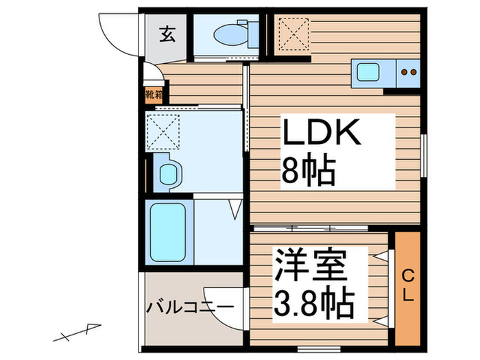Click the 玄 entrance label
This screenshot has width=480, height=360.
167,33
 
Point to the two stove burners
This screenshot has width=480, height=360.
409,71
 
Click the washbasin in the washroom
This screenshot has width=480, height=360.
168,173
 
